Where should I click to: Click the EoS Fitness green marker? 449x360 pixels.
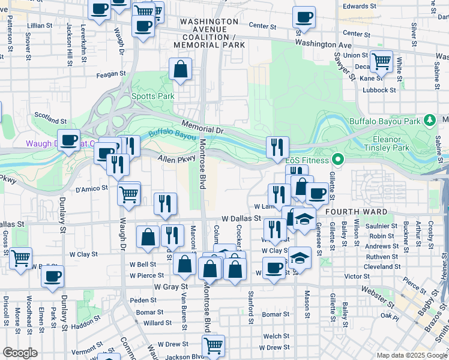tap(338, 160)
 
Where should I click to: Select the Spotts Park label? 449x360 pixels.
tap(152, 96)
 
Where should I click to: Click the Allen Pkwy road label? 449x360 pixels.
tap(177, 159)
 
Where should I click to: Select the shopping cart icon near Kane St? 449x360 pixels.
tap(381, 61)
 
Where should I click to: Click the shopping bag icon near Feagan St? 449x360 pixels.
tap(180, 69)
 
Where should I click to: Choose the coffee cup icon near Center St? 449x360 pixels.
tap(304, 17)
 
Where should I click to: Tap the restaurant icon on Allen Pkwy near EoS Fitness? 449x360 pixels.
tap(277, 146)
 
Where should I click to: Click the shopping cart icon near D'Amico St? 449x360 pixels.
tap(129, 193)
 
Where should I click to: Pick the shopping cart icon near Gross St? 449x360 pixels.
tap(21, 258)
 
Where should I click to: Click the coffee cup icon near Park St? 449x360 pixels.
tap(53, 276)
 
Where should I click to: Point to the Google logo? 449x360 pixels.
tap(20, 353)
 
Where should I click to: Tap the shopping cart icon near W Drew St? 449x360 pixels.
tap(214, 345)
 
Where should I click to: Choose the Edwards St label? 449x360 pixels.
tap(359, 6)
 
